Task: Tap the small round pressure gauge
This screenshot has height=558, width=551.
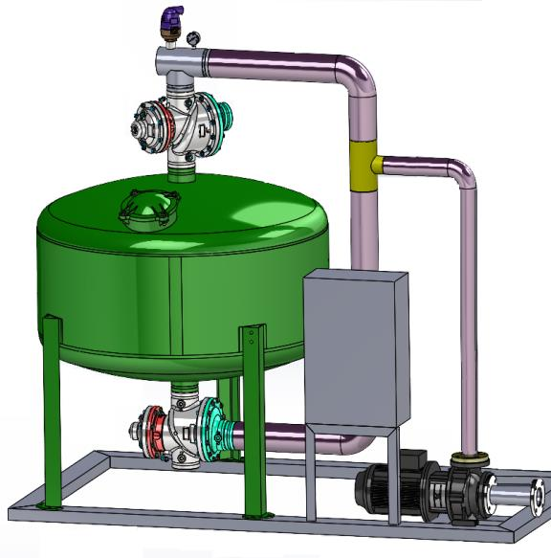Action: [194, 38]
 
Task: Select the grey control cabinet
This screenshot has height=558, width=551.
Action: [355, 348]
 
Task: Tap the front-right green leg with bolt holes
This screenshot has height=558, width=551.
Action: [253, 421]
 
